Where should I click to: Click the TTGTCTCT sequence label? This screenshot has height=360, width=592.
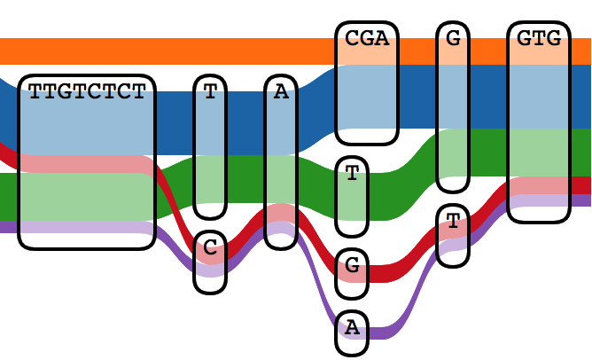[87, 92]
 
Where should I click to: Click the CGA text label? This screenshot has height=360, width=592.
[367, 39]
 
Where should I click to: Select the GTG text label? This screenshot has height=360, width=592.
[539, 39]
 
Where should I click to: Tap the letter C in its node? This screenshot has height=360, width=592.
[210, 248]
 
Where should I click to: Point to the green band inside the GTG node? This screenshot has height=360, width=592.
[539, 153]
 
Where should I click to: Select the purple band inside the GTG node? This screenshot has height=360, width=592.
[539, 200]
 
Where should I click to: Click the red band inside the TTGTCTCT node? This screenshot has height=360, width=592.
[87, 164]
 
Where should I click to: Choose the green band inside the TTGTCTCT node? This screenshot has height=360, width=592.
[87, 196]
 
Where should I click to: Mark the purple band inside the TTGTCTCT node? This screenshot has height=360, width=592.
[87, 227]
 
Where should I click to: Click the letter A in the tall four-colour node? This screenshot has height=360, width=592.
[281, 92]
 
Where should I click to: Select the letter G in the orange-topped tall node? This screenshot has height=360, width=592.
[453, 39]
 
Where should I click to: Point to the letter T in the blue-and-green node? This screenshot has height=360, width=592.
[210, 92]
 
